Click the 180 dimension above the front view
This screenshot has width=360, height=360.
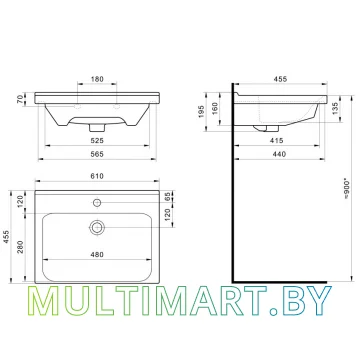(x=97, y=79)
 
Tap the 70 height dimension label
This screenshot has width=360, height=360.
(x=20, y=99)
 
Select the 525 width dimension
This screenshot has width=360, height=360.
(x=97, y=141)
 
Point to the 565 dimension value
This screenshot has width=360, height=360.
(x=97, y=154)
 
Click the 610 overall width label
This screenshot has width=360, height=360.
(x=97, y=176)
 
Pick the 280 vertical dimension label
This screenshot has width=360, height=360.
(x=20, y=246)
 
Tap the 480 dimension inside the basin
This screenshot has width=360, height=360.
(x=97, y=254)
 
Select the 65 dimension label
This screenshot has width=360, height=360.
(x=168, y=196)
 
